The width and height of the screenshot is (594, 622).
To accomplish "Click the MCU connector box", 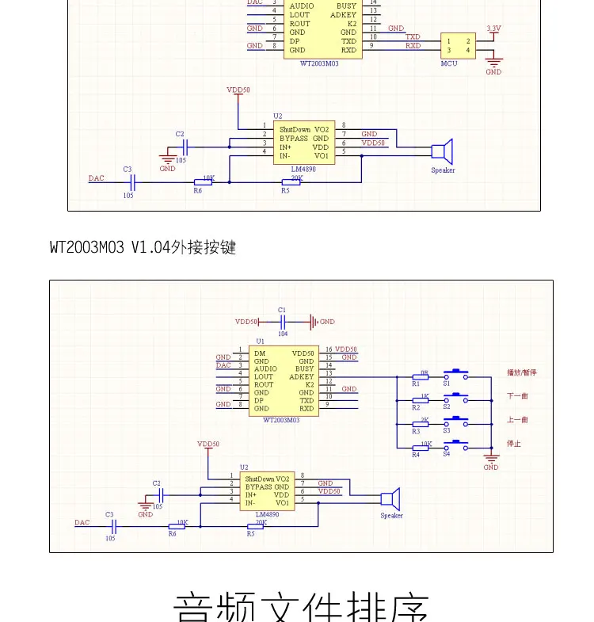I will (x=459, y=46).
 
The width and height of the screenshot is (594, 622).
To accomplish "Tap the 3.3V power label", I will (x=493, y=28).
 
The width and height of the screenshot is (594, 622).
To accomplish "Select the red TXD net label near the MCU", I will (x=413, y=36).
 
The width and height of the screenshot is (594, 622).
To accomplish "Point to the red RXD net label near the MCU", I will (x=413, y=46).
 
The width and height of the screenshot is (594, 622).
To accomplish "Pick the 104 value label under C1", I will (x=283, y=334).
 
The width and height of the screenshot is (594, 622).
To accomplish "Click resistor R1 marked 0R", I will (x=420, y=377).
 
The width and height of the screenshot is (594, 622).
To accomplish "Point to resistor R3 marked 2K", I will (x=420, y=425).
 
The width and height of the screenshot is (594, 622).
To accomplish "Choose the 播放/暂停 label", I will (x=522, y=372).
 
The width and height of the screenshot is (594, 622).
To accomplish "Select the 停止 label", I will (x=513, y=444).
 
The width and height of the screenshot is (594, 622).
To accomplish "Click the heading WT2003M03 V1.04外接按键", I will (x=143, y=247).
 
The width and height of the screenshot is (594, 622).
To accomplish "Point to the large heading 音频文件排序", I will (x=301, y=606).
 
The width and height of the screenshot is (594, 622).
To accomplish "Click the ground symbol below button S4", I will (x=491, y=459).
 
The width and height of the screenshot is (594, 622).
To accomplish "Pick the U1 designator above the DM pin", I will (x=260, y=341).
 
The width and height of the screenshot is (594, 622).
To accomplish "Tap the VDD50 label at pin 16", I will (x=346, y=349).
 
